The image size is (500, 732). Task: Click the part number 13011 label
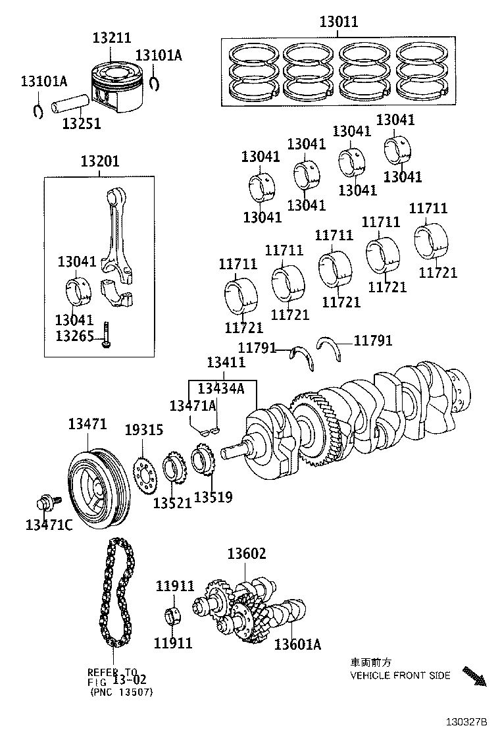[339, 22]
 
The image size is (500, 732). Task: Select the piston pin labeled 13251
[70, 105]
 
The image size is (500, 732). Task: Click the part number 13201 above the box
[101, 161]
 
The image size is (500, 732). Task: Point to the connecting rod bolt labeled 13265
[105, 335]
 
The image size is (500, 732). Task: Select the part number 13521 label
[172, 503]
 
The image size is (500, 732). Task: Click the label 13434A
[221, 388]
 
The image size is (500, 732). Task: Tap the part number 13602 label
[247, 554]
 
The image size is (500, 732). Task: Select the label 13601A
[297, 644]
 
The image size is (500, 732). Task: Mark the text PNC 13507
[122, 692]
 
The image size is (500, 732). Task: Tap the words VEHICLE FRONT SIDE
[400, 675]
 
